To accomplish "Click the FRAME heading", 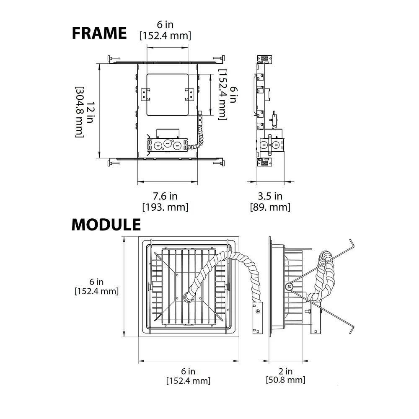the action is (x=99, y=33).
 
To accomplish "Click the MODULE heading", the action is (x=106, y=225).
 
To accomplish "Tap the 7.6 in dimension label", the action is (x=165, y=196).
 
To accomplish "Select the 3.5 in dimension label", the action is (x=270, y=196).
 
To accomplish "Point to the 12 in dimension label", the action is (x=90, y=112).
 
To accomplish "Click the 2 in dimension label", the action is (x=285, y=371).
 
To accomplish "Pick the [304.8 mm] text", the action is (x=80, y=112).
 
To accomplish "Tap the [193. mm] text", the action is (x=165, y=207).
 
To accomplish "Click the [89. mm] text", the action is (x=270, y=207).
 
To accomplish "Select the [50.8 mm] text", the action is (x=285, y=380).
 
